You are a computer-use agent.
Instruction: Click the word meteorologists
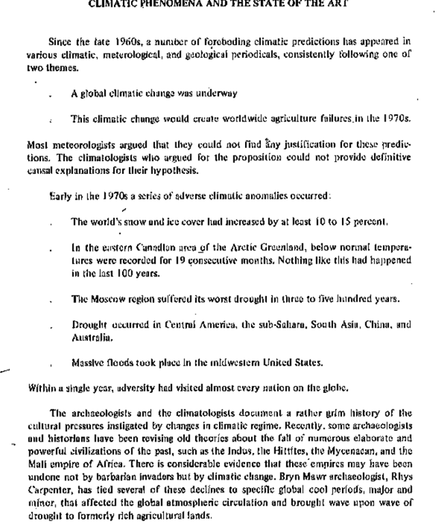coord(65,145)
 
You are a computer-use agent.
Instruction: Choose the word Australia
coord(90,337)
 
